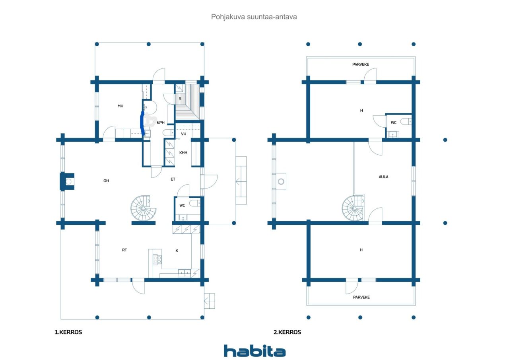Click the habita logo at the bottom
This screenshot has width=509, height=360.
(x=254, y=351)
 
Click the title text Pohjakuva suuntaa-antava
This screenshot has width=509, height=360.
(x=254, y=17)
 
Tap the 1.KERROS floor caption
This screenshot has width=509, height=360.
(x=68, y=332)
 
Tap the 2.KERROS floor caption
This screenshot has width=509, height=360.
(x=287, y=332)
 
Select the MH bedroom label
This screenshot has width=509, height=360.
(x=120, y=106)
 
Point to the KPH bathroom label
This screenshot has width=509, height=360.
(x=161, y=123)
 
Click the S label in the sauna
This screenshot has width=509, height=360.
(x=180, y=99)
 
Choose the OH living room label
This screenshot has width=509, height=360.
(x=106, y=181)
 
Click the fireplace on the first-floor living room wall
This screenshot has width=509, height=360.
(x=67, y=181)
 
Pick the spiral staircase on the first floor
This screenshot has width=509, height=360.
(x=143, y=208)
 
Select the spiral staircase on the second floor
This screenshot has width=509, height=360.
(x=354, y=208)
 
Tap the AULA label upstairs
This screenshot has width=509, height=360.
(x=384, y=177)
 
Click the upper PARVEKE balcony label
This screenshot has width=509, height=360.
(x=361, y=64)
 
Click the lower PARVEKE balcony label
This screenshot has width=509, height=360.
(x=361, y=297)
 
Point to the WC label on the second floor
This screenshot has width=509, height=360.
(x=394, y=123)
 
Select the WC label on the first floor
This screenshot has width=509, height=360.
(x=182, y=205)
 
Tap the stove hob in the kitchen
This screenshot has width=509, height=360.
(x=157, y=259)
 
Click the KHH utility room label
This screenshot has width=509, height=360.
(x=183, y=153)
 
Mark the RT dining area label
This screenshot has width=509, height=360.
(x=124, y=250)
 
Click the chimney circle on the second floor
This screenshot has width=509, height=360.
(x=281, y=181)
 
